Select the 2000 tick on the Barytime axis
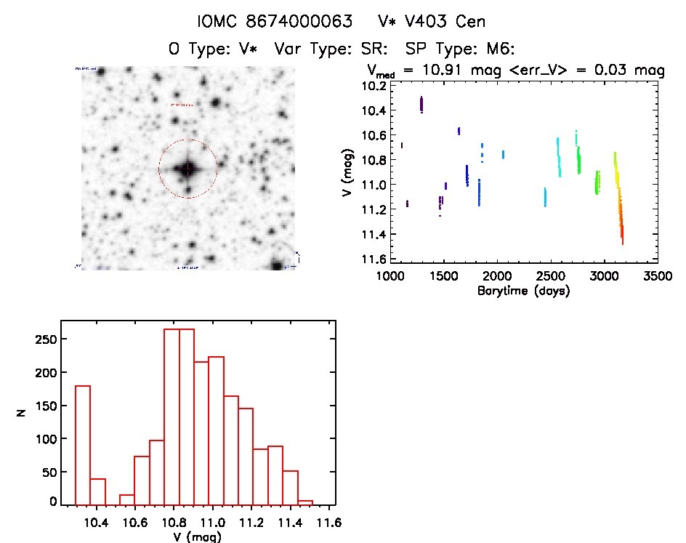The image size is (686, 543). click(498, 276)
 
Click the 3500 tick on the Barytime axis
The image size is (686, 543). click(658, 276)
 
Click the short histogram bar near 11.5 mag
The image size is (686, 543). click(305, 502)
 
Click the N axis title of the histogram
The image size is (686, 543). click(23, 412)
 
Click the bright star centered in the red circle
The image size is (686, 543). click(187, 169)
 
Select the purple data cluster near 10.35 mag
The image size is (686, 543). click(421, 105)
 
